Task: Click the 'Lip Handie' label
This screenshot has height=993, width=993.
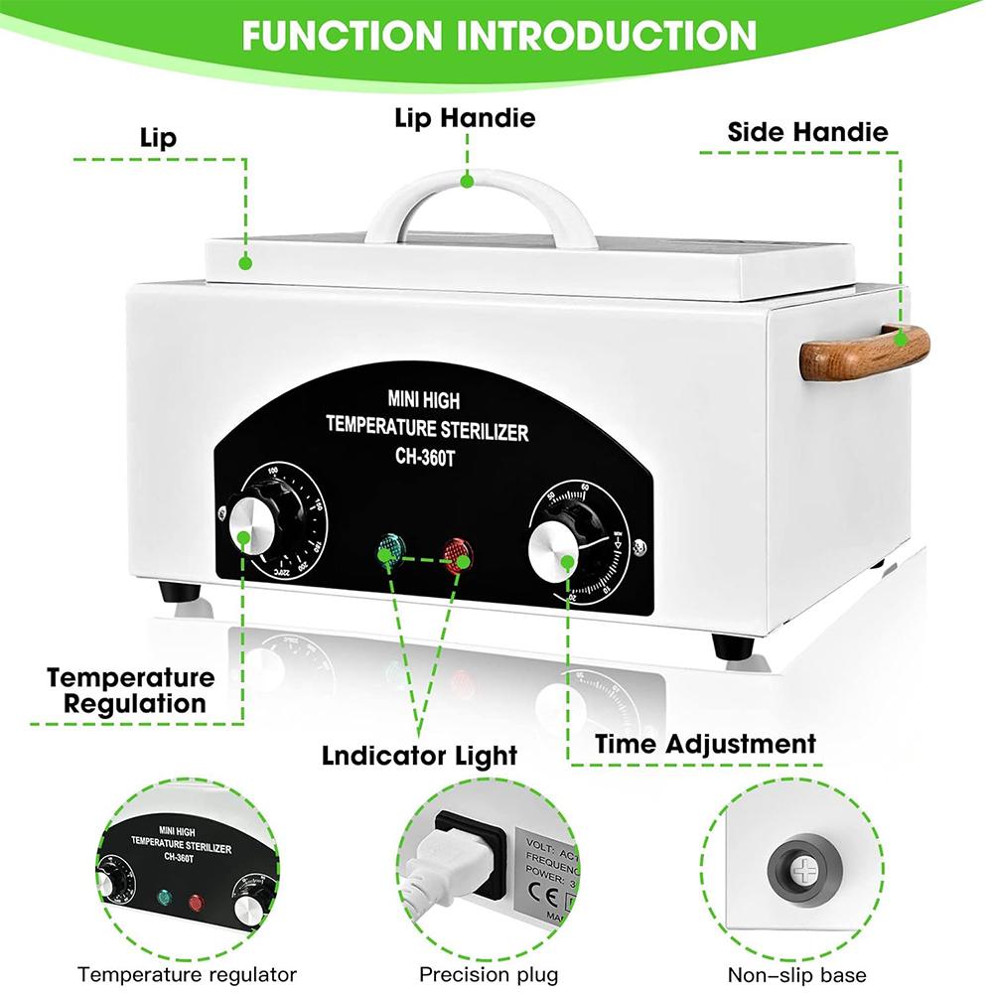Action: tap(465, 119)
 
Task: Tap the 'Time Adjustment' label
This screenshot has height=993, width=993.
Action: tap(705, 743)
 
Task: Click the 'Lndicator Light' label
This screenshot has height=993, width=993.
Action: tap(419, 755)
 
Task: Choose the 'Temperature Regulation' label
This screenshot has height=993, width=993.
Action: tap(130, 691)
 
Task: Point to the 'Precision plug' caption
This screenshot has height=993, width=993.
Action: tap(489, 974)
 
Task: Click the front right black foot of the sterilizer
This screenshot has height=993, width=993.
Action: tap(732, 644)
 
